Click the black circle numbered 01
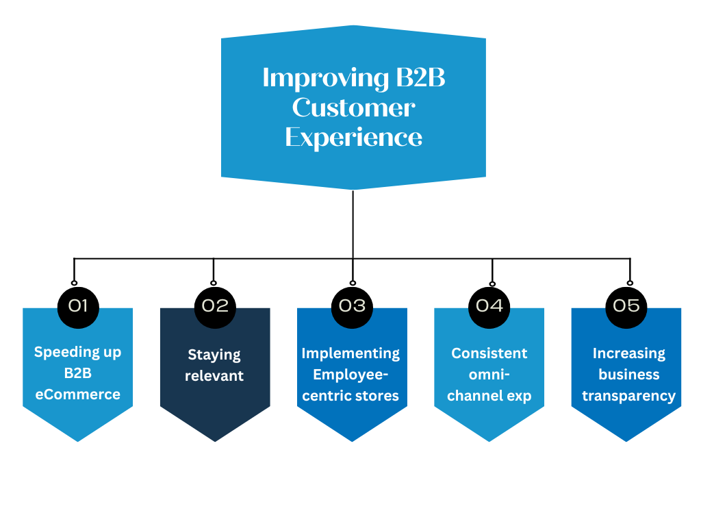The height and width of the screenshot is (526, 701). click(x=78, y=305)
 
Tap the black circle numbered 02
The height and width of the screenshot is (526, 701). click(x=215, y=305)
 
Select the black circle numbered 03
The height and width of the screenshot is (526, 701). click(x=352, y=305)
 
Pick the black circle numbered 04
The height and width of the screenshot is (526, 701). click(x=489, y=305)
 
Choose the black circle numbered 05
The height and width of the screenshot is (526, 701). click(x=626, y=305)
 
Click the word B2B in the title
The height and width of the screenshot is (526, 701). click(x=420, y=78)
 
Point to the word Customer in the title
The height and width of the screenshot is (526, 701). click(x=353, y=108)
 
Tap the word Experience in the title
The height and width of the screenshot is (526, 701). click(x=353, y=137)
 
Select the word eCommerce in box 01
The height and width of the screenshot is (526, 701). click(x=78, y=394)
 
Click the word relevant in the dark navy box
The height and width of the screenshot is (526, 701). click(x=214, y=376)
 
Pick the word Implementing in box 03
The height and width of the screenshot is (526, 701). click(x=350, y=353)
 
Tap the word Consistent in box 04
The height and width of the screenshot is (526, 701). click(x=489, y=353)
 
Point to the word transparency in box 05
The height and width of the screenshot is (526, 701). click(x=629, y=396)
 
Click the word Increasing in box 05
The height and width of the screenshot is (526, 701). click(x=629, y=353)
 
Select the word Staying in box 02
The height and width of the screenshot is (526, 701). click(x=214, y=355)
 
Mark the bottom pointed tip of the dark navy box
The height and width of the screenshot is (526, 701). click(x=215, y=440)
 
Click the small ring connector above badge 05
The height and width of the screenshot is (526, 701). click(x=630, y=283)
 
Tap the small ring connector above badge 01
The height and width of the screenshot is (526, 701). click(x=74, y=283)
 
